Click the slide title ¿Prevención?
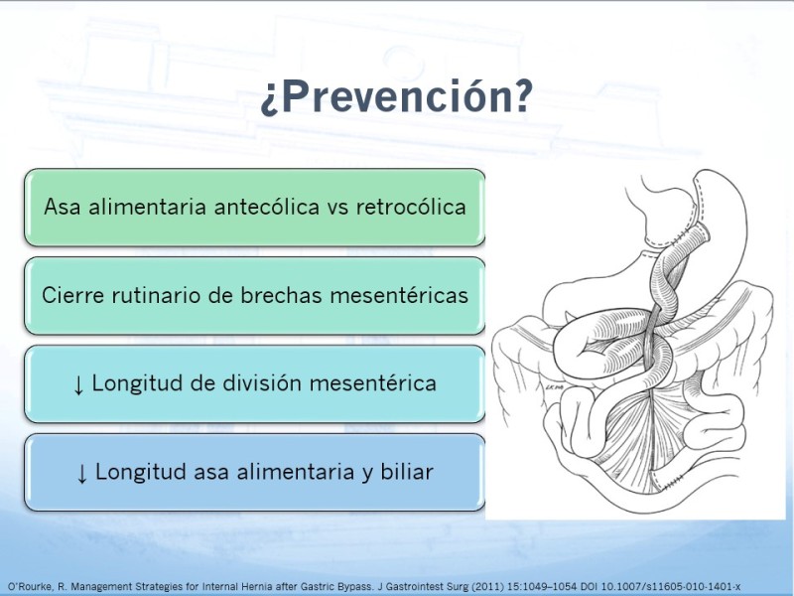[x=396, y=96]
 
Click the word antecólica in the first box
[x=266, y=207]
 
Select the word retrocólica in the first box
[x=411, y=207]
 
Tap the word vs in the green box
[x=337, y=208]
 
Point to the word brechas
[x=281, y=295]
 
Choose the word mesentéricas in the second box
[x=399, y=295]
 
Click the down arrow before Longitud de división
[x=78, y=385]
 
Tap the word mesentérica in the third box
[x=373, y=382]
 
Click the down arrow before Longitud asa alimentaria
[x=82, y=474]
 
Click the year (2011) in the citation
[x=488, y=587]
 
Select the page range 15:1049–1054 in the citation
[x=542, y=587]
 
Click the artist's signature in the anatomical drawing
[x=551, y=387]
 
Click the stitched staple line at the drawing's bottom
[x=674, y=481]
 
